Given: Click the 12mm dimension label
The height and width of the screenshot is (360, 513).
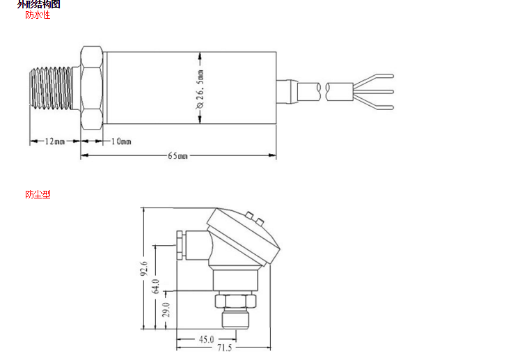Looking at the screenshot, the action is pyautogui.click(x=54, y=141).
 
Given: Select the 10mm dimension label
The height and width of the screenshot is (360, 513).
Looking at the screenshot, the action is pyautogui.click(x=121, y=141).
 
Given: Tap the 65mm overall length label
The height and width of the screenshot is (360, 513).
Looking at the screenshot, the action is pyautogui.click(x=177, y=156).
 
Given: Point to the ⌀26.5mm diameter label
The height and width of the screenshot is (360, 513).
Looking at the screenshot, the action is pyautogui.click(x=200, y=89).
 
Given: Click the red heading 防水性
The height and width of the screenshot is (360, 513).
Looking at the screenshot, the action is pyautogui.click(x=38, y=15).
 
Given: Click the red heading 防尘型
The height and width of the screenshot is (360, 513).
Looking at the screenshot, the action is pyautogui.click(x=38, y=194).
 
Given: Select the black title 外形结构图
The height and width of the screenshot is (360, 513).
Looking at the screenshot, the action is pyautogui.click(x=38, y=4).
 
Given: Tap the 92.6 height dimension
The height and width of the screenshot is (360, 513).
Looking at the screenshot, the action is pyautogui.click(x=144, y=268).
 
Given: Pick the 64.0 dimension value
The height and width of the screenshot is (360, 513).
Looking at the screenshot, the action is pyautogui.click(x=156, y=286).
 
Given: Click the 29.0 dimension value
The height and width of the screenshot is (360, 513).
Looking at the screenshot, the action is pyautogui.click(x=166, y=310).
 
